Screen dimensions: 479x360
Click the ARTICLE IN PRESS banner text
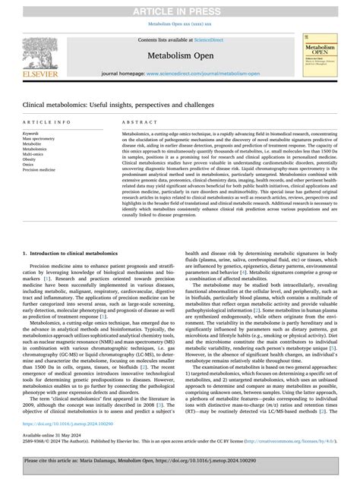click(x=179, y=7)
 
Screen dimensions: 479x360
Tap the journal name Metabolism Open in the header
click(x=179, y=55)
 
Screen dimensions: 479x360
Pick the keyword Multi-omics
click(x=35, y=155)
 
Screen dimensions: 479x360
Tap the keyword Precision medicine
click(x=39, y=170)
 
